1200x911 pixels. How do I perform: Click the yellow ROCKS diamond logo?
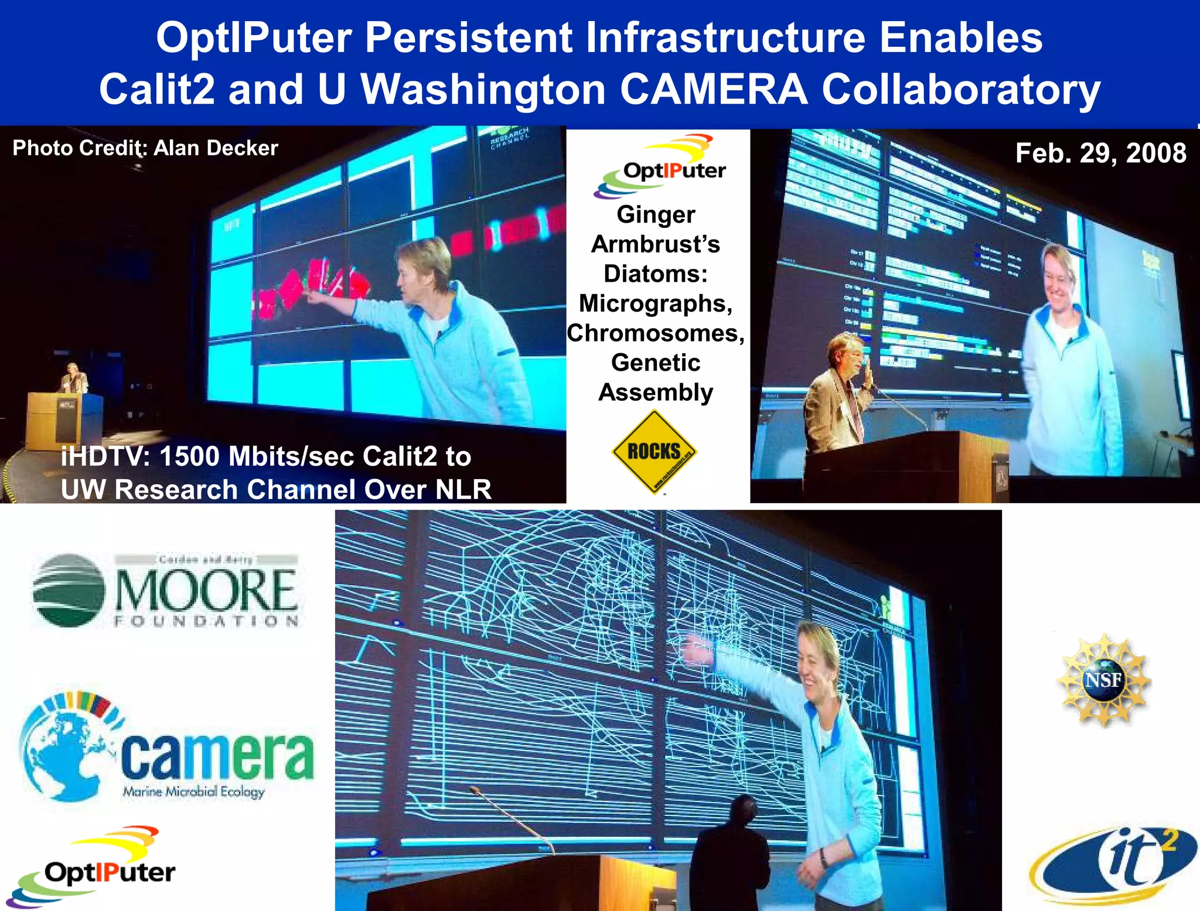tap(654, 451)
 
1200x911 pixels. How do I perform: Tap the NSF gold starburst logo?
tap(1103, 680)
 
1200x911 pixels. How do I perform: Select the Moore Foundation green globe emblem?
tap(69, 591)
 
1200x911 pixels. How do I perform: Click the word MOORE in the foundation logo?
tap(206, 591)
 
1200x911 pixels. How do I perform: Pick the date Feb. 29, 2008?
tap(1100, 153)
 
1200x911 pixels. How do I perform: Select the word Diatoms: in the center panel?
tap(656, 274)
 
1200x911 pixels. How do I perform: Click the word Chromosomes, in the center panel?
tap(656, 333)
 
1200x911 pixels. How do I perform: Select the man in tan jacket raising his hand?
tap(838, 393)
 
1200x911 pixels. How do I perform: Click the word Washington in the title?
tap(483, 90)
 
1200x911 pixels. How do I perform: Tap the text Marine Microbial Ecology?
tap(193, 791)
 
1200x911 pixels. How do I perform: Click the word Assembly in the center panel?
tap(656, 392)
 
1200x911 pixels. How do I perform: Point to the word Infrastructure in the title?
tap(725, 37)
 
